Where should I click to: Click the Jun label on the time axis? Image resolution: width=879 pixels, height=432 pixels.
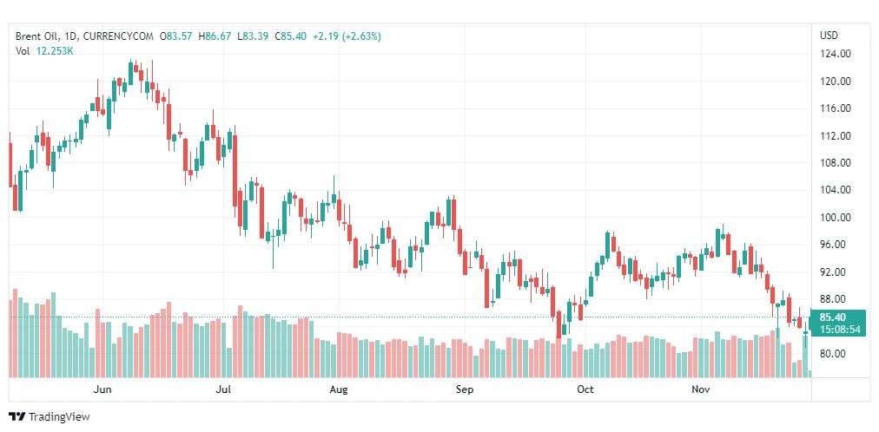tap(103, 389)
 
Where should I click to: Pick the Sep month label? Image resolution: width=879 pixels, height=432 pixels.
tap(466, 389)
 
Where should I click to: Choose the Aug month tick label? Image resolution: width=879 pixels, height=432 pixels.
tap(339, 389)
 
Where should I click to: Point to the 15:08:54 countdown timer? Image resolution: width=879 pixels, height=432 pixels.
tap(839, 330)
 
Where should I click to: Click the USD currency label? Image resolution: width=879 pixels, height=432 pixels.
tap(829, 36)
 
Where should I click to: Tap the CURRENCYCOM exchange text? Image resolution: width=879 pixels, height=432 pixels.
tap(119, 36)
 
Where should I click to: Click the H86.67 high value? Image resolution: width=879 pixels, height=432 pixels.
tap(216, 36)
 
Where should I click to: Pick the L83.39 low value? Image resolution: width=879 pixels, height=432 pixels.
tap(254, 36)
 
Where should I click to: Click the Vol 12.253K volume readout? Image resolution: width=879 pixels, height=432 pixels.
tap(44, 51)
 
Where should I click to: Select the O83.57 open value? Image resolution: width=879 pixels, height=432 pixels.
tap(178, 36)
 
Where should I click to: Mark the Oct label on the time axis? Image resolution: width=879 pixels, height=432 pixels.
tap(585, 389)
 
